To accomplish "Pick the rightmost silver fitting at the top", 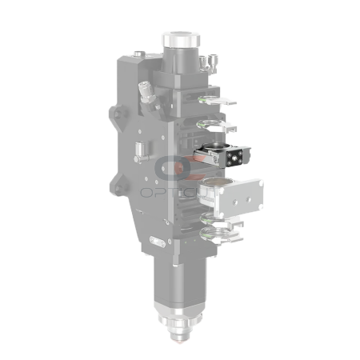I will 212,61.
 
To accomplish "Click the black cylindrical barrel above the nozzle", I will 177,284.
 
